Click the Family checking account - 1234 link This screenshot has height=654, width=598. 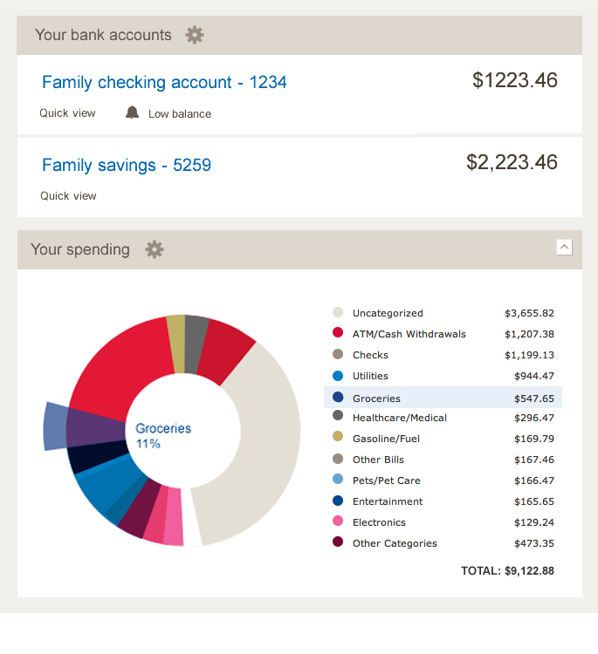click(164, 83)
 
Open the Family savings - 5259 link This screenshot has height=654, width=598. click(127, 165)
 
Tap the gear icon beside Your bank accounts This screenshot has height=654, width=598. click(195, 35)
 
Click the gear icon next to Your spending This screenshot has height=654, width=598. click(155, 249)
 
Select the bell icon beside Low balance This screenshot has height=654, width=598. click(133, 112)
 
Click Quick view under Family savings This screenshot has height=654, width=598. click(68, 196)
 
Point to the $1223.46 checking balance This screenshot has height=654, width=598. click(514, 81)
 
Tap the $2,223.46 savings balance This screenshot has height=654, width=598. click(512, 162)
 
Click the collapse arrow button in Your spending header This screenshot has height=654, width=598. click(564, 248)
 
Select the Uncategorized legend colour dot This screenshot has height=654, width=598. click(338, 313)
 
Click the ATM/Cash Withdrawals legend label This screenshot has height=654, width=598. click(409, 334)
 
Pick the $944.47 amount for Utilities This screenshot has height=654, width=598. click(534, 376)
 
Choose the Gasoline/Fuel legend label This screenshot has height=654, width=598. click(386, 439)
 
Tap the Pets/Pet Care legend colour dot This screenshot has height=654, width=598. click(338, 480)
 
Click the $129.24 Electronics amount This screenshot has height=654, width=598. click(534, 522)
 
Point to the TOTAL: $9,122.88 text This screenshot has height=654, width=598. click(507, 571)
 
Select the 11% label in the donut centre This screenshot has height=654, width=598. click(148, 444)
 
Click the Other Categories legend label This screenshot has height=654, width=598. click(395, 543)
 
